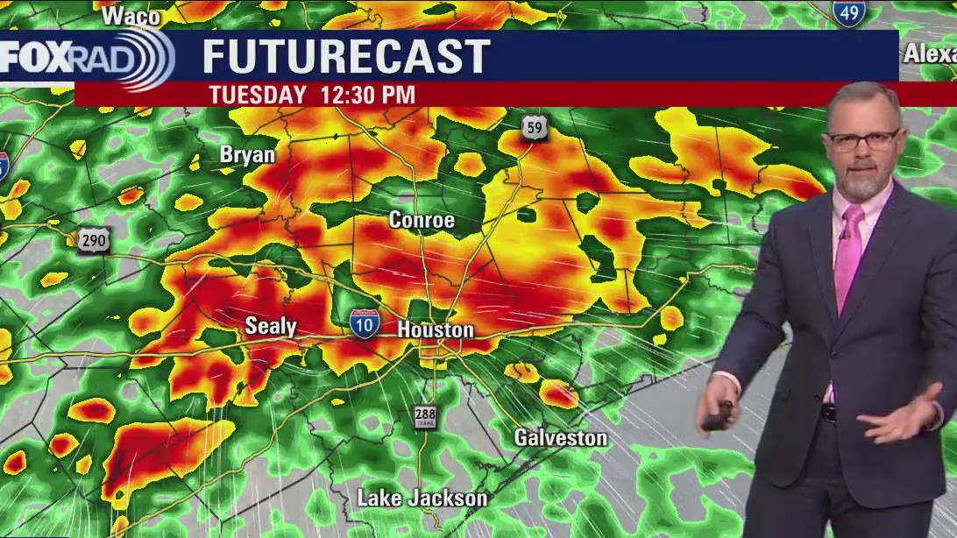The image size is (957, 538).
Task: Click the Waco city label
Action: click(131, 16)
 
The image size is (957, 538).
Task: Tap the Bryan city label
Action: click(247, 155)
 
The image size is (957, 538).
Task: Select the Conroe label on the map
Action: click(422, 220)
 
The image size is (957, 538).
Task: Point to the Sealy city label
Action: click(271, 327)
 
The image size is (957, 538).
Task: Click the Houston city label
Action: click(436, 330)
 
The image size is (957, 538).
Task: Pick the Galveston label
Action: click(560, 437)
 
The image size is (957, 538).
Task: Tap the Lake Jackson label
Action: click(422, 499)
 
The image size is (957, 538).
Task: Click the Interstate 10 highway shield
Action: click(365, 323)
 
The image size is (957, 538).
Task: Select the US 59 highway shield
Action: click(534, 128)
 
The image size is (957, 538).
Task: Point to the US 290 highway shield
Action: click(93, 239)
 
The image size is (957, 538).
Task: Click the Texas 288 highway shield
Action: click(426, 416)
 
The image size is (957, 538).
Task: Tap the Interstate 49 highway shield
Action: click(849, 11)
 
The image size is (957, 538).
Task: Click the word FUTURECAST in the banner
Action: click(346, 57)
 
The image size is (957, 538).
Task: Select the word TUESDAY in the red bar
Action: click(257, 95)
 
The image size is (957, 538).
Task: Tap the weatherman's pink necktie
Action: click(847, 254)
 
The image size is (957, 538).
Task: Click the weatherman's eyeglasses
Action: click(862, 139)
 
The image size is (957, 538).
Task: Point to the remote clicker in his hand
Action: click(719, 414)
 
